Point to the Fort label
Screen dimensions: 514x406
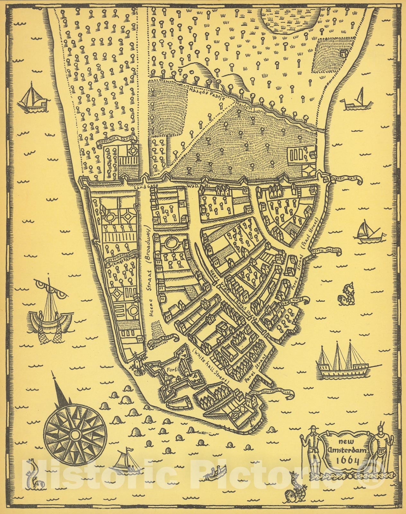point(170,370)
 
